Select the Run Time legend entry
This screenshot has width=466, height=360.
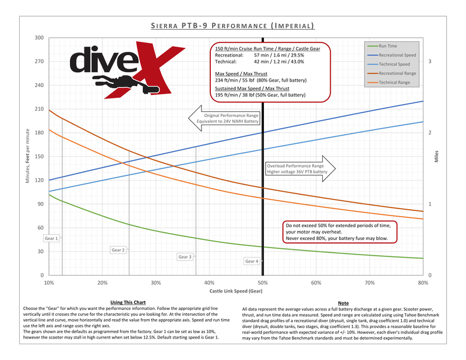tap(388, 45)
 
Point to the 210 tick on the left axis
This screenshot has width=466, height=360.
tap(40, 109)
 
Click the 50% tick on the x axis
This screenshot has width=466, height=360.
tap(263, 283)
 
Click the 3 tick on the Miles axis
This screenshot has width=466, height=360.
tap(429, 61)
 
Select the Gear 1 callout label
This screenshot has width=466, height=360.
tap(51, 238)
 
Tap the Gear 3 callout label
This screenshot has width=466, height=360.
tap(185, 257)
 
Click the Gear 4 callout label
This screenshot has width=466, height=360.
tap(252, 262)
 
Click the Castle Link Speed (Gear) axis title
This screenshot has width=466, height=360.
tap(236, 290)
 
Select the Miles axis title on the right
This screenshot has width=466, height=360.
tap(437, 157)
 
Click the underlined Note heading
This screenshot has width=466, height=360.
tap(343, 303)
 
